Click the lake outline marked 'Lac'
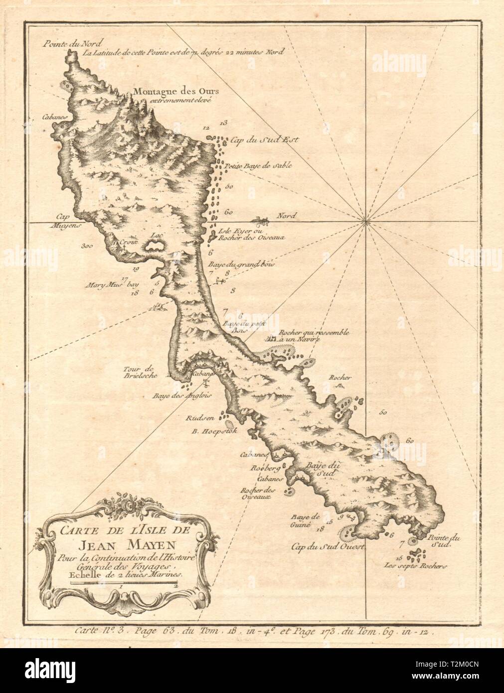(x=156, y=244)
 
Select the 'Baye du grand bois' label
(x=247, y=264)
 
